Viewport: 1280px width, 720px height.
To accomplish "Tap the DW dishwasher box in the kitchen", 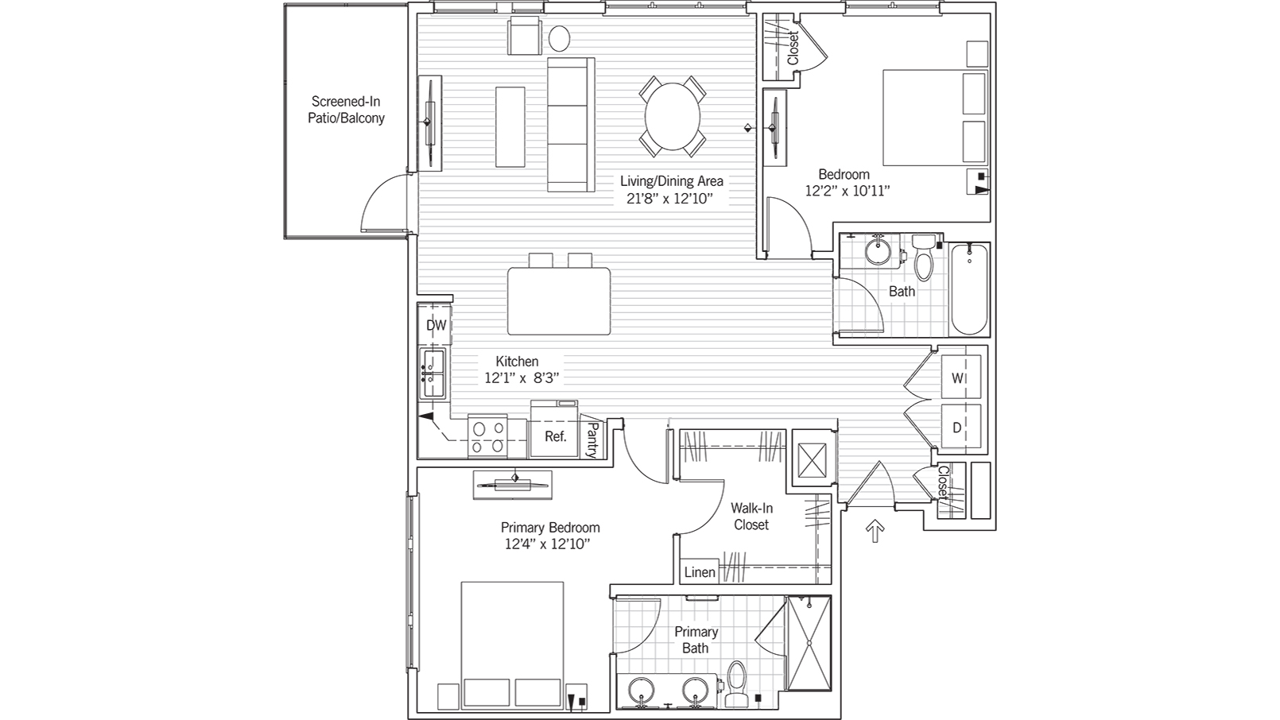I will point(436,325).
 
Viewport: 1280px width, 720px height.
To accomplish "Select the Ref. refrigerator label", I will point(555,436).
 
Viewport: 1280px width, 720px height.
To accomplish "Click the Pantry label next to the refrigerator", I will point(592,439).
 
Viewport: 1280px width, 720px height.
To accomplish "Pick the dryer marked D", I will point(959,428).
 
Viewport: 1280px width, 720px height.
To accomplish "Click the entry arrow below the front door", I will point(875,531).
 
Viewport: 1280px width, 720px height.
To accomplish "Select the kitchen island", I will point(559,301).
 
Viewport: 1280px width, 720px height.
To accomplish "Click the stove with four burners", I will point(487,437).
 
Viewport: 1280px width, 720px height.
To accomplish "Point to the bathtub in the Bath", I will point(969,289).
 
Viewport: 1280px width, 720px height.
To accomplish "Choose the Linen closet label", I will point(700,572).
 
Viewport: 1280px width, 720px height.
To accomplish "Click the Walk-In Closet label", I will point(751,516).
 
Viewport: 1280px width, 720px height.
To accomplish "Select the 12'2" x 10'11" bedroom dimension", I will point(847,191).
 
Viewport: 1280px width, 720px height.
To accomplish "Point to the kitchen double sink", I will point(432,374).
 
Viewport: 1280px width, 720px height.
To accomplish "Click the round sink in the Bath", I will point(879,252).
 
